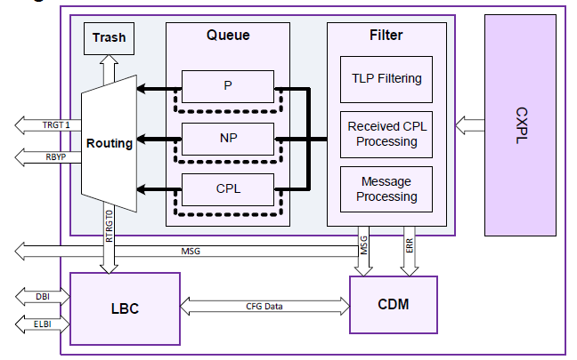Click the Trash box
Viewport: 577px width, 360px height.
109,38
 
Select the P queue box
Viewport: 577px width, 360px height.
228,86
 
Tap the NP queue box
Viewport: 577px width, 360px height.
228,139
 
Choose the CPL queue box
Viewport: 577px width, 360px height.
228,190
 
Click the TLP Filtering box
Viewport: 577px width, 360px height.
386,78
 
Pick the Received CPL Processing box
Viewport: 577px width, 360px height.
386,133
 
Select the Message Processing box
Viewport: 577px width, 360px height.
386,188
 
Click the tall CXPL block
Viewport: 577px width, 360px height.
523,125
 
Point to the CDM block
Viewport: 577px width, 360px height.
393,304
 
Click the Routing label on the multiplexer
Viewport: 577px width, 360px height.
110,142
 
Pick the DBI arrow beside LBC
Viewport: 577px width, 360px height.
39,294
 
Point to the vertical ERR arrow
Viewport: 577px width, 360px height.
409,255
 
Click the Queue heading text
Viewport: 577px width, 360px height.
228,36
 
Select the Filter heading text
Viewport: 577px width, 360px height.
386,36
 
